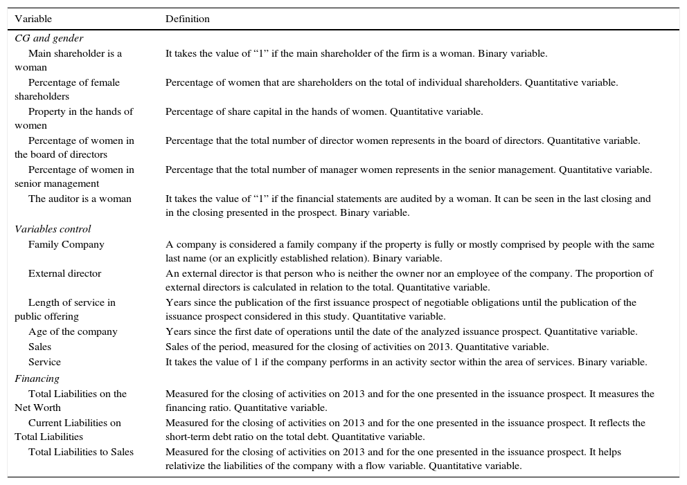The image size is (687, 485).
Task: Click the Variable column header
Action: pos(33,19)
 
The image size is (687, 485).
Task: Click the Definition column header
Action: pos(187,19)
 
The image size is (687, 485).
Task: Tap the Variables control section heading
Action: pos(53,229)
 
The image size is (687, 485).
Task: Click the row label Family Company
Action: pos(66,244)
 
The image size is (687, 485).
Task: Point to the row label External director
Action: pos(64,273)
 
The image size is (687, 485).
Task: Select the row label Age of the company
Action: pos(73,331)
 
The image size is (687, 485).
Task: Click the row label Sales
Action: pos(39,347)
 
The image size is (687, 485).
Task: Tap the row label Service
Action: pos(44,362)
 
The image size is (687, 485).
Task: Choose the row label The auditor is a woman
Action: pos(80,199)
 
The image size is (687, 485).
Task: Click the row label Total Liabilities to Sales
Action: pos(81,452)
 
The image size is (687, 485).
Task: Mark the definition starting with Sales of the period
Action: pos(357,347)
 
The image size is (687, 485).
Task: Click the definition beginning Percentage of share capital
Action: pos(324,111)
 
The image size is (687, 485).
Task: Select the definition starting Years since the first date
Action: pos(401,331)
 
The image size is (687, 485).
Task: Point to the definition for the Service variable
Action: pos(406,362)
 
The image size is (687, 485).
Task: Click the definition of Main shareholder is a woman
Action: pos(357,53)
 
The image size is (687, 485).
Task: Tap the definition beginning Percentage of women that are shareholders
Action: pos(391,82)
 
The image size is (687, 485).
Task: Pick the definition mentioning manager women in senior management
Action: pos(408,170)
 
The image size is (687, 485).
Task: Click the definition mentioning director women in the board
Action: pos(402,140)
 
